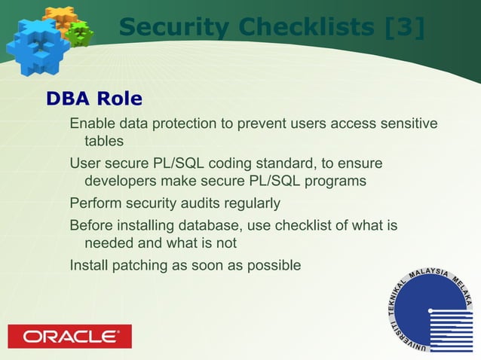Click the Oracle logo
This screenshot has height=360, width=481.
pyautogui.click(x=69, y=336)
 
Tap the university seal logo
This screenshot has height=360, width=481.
pyautogui.click(x=430, y=310)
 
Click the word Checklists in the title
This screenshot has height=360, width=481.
pyautogui.click(x=305, y=28)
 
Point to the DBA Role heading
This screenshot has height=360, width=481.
pyautogui.click(x=94, y=99)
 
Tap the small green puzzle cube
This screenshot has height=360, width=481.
pyautogui.click(x=78, y=32)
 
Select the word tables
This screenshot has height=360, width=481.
pyautogui.click(x=104, y=141)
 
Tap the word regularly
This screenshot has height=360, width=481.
pyautogui.click(x=253, y=203)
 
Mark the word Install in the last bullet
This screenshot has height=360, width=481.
pyautogui.click(x=87, y=265)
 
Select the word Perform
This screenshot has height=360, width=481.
pyautogui.click(x=94, y=203)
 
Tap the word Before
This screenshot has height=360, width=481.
pyautogui.click(x=90, y=225)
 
